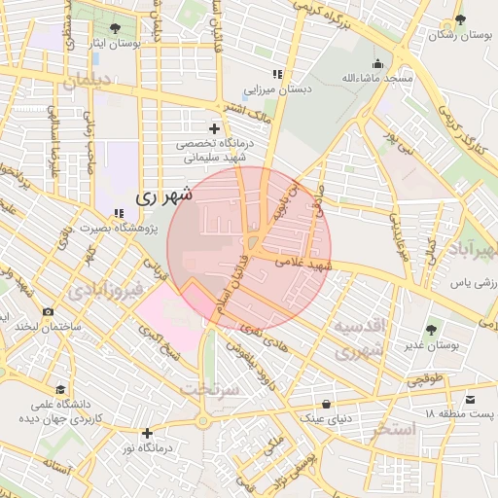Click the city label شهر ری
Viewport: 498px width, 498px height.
[163, 196]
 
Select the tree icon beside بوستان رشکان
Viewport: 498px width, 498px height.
[460, 19]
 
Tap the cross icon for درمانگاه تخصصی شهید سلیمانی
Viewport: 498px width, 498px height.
[214, 128]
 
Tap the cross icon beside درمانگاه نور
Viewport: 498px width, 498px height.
[147, 433]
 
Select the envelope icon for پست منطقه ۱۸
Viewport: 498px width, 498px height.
[472, 400]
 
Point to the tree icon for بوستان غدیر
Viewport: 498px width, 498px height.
[432, 330]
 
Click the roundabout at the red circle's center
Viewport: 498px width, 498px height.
[251, 246]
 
